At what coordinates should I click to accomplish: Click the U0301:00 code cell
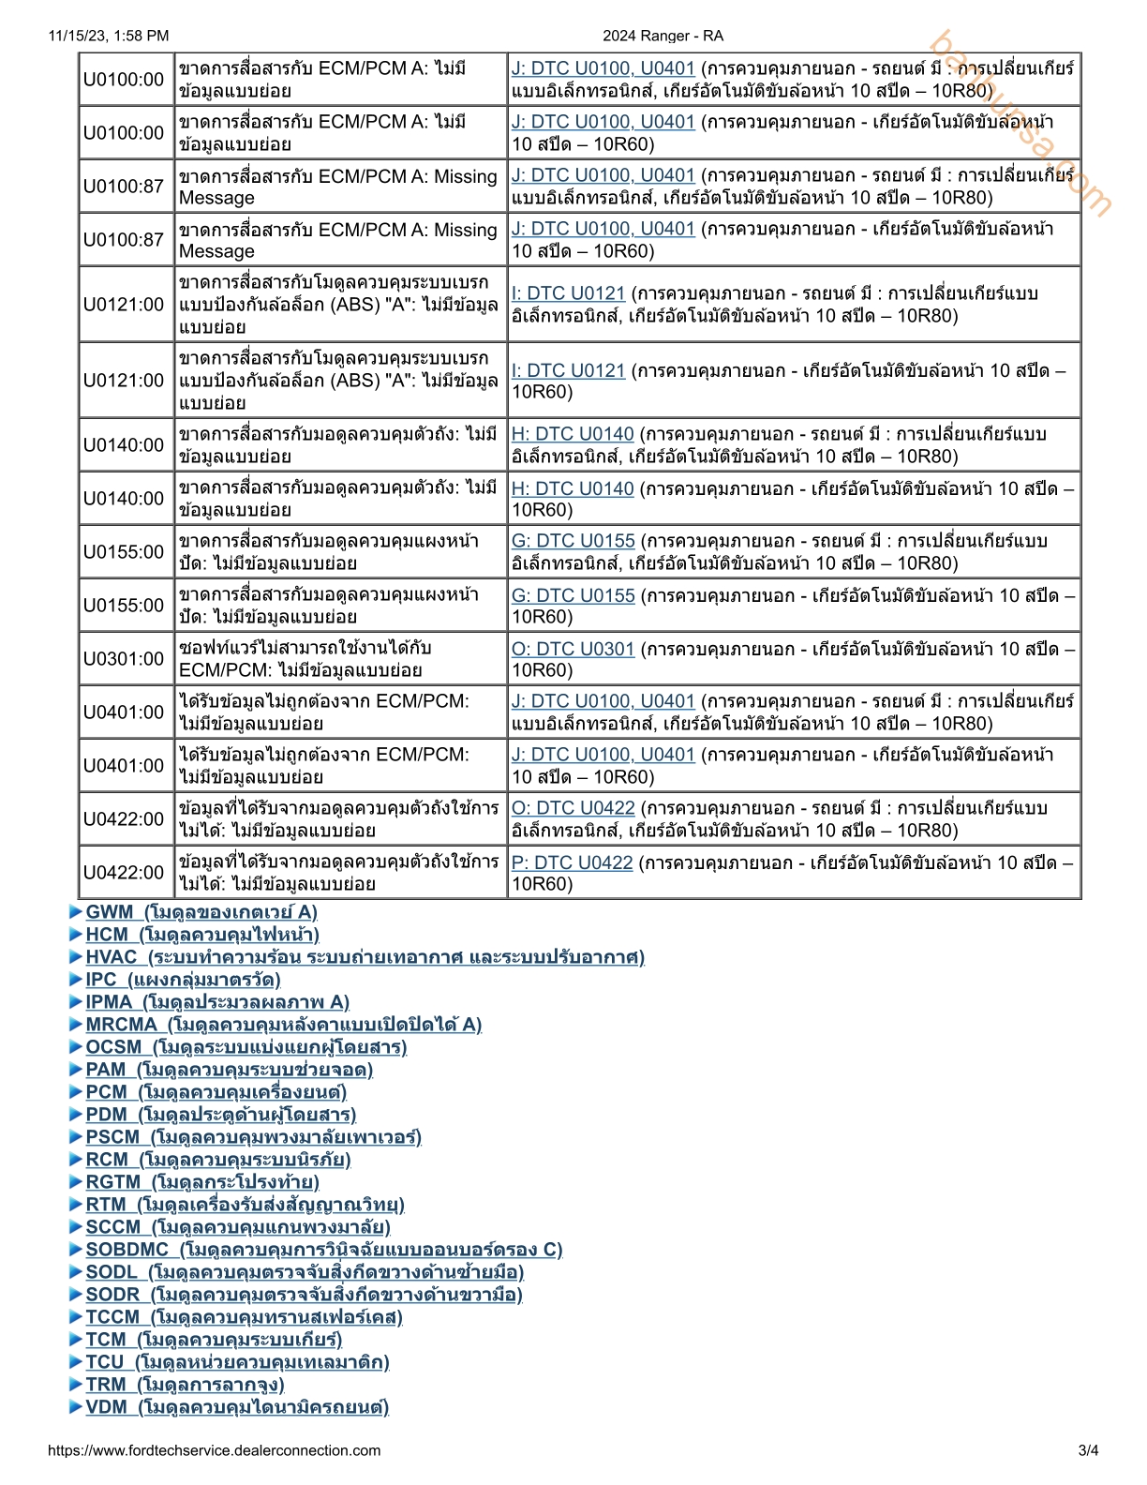click(124, 659)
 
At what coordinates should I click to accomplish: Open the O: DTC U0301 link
click(573, 649)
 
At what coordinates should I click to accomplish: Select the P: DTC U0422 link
click(572, 862)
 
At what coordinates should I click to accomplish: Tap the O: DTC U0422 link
click(573, 808)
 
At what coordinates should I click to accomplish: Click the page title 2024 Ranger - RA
click(663, 36)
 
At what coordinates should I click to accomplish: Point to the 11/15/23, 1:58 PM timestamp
click(109, 36)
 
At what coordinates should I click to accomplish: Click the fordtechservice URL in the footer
click(214, 1450)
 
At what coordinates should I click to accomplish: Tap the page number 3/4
click(1088, 1450)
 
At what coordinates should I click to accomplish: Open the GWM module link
click(201, 912)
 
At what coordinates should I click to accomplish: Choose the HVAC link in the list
click(365, 957)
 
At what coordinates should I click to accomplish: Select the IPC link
click(183, 980)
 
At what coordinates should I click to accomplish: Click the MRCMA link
click(283, 1025)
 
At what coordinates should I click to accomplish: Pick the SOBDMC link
click(323, 1250)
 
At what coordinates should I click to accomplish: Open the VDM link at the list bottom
click(236, 1407)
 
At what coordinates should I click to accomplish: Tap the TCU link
click(237, 1362)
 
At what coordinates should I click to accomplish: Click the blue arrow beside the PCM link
click(76, 1092)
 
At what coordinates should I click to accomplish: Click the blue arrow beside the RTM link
click(76, 1205)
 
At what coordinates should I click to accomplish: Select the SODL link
click(305, 1272)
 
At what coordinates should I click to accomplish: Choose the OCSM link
click(246, 1047)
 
